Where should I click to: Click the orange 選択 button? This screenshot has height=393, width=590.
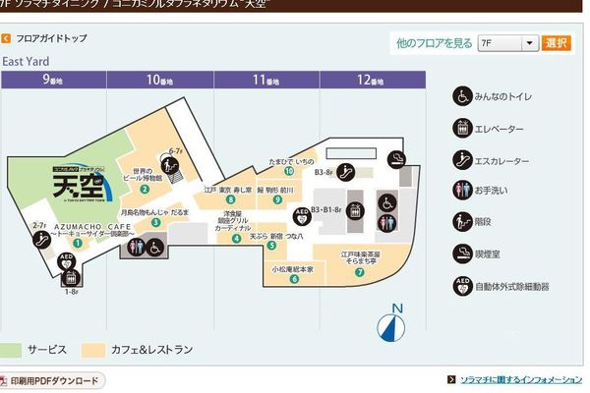coord(557,43)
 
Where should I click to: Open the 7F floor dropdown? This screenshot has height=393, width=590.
coord(508,43)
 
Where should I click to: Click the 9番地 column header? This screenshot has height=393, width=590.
coord(52,79)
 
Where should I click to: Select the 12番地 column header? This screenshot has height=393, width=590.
coord(370,79)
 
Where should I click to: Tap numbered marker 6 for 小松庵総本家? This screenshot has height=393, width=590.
coord(294,278)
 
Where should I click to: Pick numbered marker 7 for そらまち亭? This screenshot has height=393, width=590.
coord(360,272)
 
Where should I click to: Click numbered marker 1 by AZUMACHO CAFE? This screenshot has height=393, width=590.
coord(77,242)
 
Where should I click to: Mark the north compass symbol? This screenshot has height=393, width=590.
coord(393,325)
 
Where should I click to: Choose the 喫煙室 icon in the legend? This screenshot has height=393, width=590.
coord(461,253)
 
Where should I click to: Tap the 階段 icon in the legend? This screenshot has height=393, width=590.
coord(461,221)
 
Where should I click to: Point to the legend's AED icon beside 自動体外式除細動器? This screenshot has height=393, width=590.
coord(461,285)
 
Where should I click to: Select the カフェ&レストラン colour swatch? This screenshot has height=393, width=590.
coord(94,350)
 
